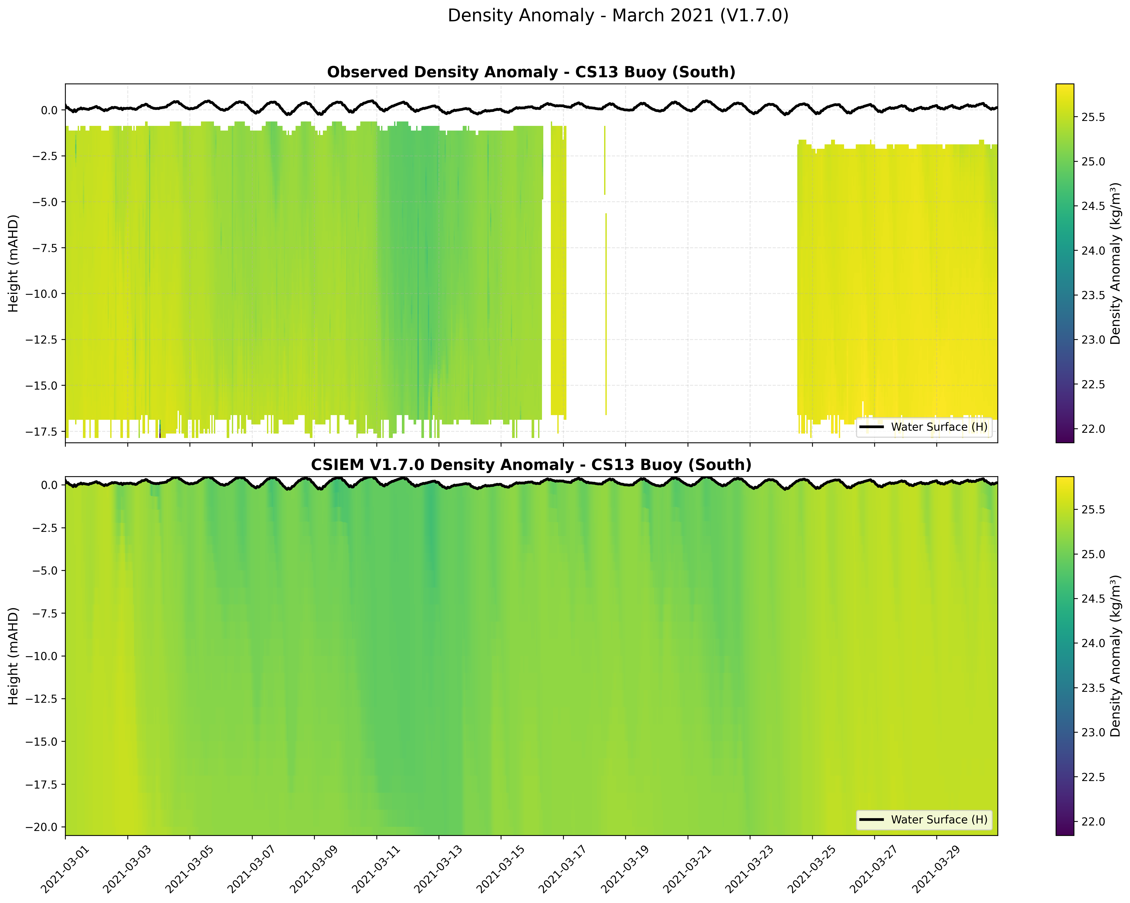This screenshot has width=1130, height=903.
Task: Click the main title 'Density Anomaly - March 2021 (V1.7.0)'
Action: click(618, 16)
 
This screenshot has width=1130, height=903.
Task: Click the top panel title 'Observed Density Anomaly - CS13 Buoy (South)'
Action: click(531, 72)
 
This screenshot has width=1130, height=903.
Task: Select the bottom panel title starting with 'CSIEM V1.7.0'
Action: click(531, 465)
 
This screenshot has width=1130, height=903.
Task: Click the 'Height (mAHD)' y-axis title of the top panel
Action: click(14, 263)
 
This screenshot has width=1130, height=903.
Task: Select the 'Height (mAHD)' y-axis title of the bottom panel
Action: click(14, 656)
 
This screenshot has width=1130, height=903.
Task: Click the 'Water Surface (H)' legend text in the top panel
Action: click(939, 427)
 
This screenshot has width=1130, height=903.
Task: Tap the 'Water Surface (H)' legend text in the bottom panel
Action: click(939, 820)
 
